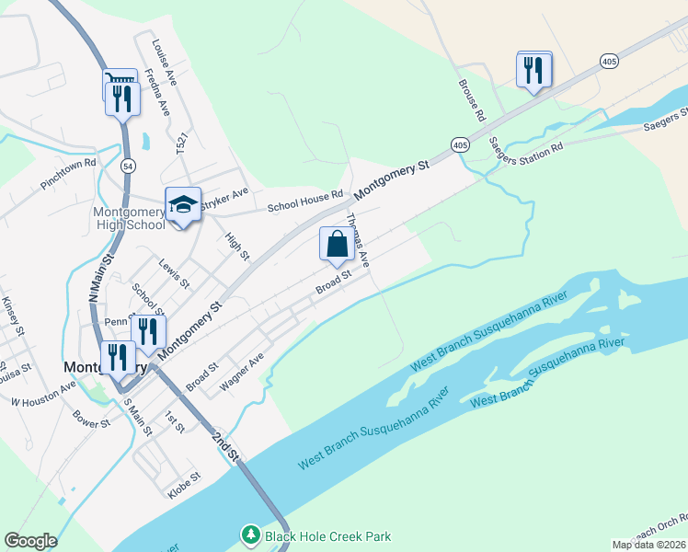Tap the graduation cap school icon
(x=183, y=205)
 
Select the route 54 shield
(x=128, y=165)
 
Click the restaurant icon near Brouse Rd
(x=533, y=70)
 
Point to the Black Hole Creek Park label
(x=327, y=536)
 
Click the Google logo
(x=30, y=541)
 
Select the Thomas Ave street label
(x=358, y=240)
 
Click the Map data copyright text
(x=648, y=545)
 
